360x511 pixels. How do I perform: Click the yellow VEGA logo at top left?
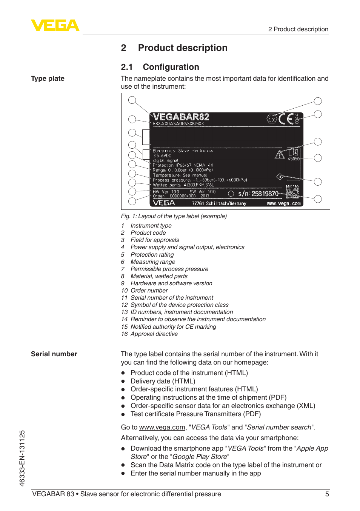click(55, 25)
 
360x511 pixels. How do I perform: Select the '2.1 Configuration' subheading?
click(160, 67)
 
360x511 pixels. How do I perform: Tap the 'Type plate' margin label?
click(48, 78)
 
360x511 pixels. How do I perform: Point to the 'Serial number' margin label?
click(54, 354)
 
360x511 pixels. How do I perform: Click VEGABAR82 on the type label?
click(181, 117)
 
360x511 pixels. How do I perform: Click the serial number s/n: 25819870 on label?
click(258, 194)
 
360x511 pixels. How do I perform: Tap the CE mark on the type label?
click(286, 119)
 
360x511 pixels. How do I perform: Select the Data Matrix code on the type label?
click(292, 192)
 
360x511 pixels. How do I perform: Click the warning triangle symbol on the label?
click(280, 155)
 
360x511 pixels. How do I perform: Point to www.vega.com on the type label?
click(284, 203)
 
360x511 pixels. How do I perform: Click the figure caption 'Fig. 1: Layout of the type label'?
click(174, 216)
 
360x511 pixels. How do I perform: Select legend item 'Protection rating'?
click(152, 255)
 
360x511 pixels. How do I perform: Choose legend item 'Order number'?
click(149, 291)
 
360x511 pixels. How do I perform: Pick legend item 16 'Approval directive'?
click(154, 334)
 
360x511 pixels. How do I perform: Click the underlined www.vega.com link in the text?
click(162, 427)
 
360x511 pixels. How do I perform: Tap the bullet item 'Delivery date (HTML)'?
click(163, 381)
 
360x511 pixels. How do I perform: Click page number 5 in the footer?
click(327, 494)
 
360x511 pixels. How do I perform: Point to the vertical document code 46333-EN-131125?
click(22, 458)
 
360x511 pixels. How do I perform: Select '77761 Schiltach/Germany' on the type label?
click(219, 203)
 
